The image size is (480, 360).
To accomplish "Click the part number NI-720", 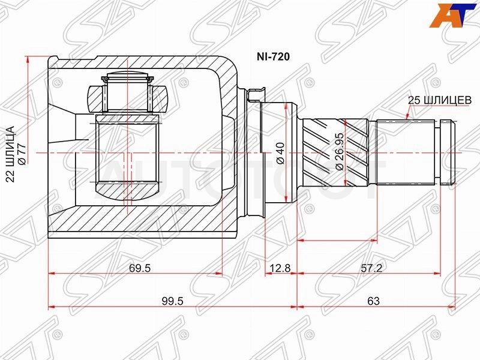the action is (273, 56).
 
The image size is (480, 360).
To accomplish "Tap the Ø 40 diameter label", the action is (280, 153).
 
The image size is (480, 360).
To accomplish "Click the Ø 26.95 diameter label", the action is (340, 152).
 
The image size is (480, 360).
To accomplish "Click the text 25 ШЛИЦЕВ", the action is (440, 100).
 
